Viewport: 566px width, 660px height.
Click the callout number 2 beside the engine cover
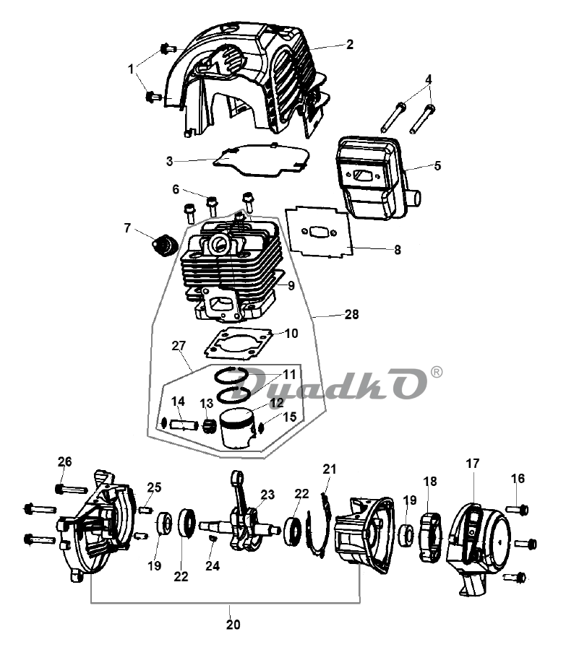(x=349, y=44)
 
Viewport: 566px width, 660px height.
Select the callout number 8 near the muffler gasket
(x=398, y=250)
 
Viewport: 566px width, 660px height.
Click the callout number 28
(x=351, y=314)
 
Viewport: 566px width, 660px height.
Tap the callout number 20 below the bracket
(x=233, y=625)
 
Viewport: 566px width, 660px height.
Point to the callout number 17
(x=473, y=464)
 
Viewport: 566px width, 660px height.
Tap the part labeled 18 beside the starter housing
(x=430, y=537)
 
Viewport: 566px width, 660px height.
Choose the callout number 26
(x=64, y=461)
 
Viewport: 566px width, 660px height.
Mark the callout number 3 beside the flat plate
(x=169, y=161)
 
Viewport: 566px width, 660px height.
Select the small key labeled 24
(x=213, y=539)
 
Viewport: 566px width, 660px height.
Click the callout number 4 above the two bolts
(x=428, y=79)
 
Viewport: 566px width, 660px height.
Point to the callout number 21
(x=330, y=469)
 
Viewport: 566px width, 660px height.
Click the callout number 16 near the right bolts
(x=518, y=479)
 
